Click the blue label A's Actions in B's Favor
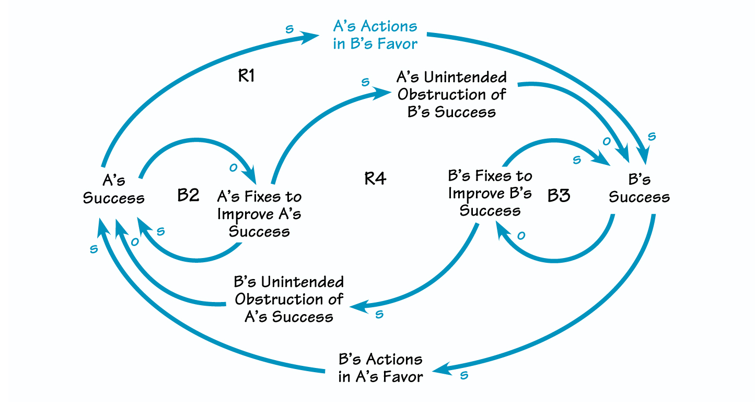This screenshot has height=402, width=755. (x=375, y=35)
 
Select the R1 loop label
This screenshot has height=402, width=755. (x=246, y=76)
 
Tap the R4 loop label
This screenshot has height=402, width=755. (x=375, y=178)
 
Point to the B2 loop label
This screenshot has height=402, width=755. (x=188, y=195)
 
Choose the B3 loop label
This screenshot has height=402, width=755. (x=559, y=196)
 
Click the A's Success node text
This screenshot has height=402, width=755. (x=114, y=189)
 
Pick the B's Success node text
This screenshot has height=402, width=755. (x=639, y=188)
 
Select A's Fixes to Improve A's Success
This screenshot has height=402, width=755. (x=259, y=214)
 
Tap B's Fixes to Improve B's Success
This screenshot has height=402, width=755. (x=490, y=193)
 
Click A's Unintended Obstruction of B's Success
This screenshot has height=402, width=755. (x=451, y=95)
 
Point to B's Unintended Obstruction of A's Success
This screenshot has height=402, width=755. (x=289, y=299)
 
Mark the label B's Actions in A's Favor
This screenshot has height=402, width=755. (x=380, y=367)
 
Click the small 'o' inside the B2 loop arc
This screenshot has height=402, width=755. (x=234, y=167)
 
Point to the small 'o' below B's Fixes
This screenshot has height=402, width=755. (x=520, y=236)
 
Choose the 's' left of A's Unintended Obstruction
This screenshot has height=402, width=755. (x=365, y=82)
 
